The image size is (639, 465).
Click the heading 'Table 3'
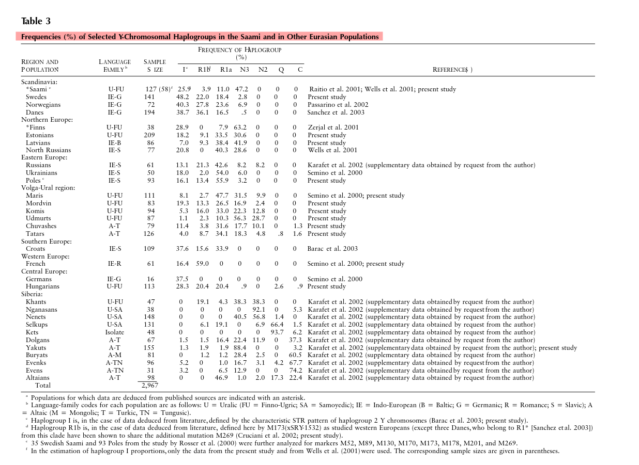(x=36, y=21)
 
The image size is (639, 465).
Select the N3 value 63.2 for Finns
(x=241, y=127)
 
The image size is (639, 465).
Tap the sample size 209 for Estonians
(x=149, y=135)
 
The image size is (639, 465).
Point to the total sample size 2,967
(x=149, y=386)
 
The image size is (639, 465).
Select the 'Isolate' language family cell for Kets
(x=115, y=332)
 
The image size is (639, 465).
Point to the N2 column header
(x=263, y=70)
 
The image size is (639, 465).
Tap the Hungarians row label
(x=42, y=286)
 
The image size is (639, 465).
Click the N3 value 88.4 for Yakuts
(x=241, y=348)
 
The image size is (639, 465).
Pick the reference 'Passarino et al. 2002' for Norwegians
(x=338, y=105)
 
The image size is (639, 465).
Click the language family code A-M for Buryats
(x=115, y=355)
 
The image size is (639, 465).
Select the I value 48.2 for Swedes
(x=182, y=97)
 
